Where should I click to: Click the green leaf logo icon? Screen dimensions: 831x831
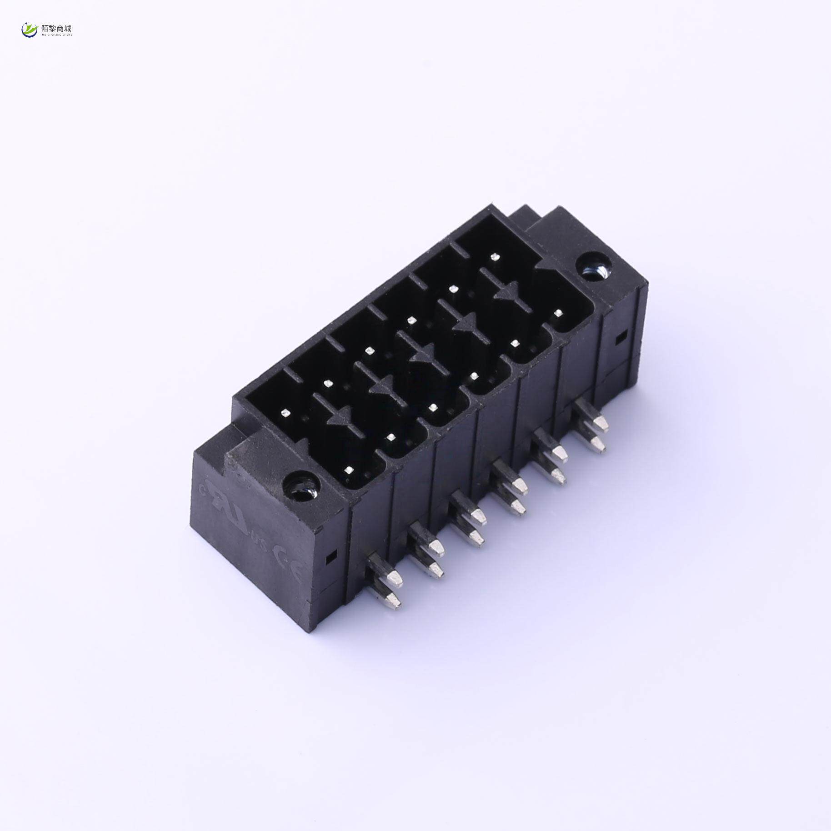coord(30,30)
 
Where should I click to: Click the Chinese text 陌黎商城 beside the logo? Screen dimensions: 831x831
coord(56,28)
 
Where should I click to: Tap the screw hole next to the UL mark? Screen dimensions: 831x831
coord(301,484)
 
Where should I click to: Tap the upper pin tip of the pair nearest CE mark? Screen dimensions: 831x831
coord(396,577)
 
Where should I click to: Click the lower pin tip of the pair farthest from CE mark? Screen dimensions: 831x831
coord(599,446)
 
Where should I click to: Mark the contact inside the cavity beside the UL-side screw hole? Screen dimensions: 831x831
coord(349,470)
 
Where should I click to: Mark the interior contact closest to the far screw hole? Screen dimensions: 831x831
coord(559,313)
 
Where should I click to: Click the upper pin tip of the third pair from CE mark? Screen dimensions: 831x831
coord(478,515)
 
